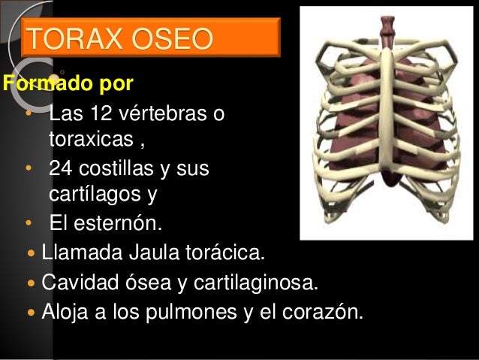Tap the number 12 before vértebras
tap(101, 116)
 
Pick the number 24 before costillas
tap(62, 169)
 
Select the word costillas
tap(118, 169)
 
